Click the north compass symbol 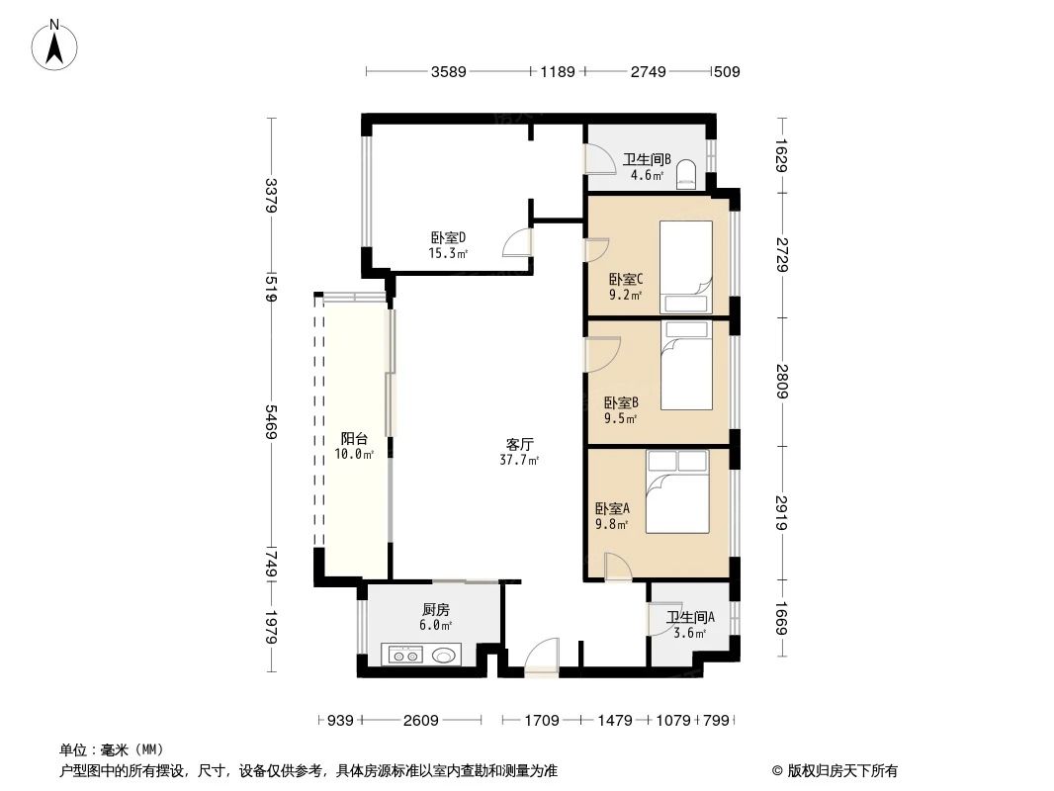pos(56,44)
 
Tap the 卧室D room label pos(448,237)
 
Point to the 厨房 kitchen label pos(435,610)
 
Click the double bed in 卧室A pos(678,491)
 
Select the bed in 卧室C pos(686,266)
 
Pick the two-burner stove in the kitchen pos(404,655)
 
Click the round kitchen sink pos(443,655)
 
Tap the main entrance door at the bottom pos(542,659)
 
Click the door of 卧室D pos(517,243)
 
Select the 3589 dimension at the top pos(449,71)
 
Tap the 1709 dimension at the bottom pos(542,721)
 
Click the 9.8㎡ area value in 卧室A pos(611,524)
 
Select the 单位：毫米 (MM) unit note pos(112,749)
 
